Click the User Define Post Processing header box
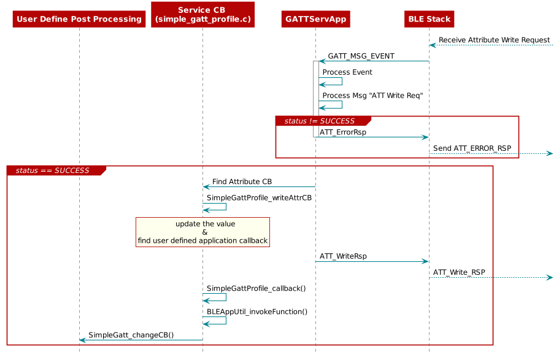point(79,19)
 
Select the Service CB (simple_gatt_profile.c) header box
point(202,15)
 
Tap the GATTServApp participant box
point(315,19)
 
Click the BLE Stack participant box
point(429,19)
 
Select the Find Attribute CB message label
point(242,182)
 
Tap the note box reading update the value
point(202,232)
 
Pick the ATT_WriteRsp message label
point(343,256)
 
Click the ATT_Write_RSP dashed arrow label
point(459,272)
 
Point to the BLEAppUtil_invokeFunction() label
point(256,312)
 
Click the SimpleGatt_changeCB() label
point(131,335)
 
